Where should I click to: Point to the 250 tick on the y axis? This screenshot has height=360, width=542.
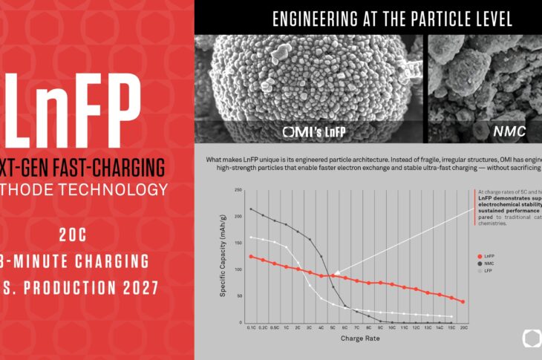click(x=239, y=190)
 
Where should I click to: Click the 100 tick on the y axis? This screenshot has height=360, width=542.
click(x=239, y=269)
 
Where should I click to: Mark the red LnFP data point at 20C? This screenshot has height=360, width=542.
click(x=463, y=301)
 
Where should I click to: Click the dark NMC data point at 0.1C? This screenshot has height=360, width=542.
click(x=252, y=209)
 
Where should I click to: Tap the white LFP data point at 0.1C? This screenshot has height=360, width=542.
click(x=252, y=238)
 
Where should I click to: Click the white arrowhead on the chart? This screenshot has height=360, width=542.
click(x=336, y=275)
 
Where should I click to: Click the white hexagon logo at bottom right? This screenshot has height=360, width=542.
click(x=532, y=338)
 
